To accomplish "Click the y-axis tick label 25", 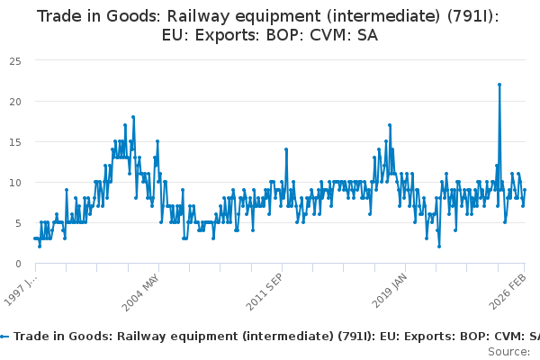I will pos(15,60).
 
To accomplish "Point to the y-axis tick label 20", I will pos(15,101).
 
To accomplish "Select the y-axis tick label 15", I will pos(15,141).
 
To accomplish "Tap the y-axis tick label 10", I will pos(15,182).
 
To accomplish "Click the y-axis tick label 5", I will pos(18,222).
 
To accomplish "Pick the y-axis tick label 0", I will pos(18,263).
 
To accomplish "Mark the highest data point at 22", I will pos(499,85).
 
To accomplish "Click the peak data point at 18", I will pos(133,117).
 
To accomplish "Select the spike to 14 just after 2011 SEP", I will pos(285,149).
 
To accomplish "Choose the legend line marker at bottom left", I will pos(4,336).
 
